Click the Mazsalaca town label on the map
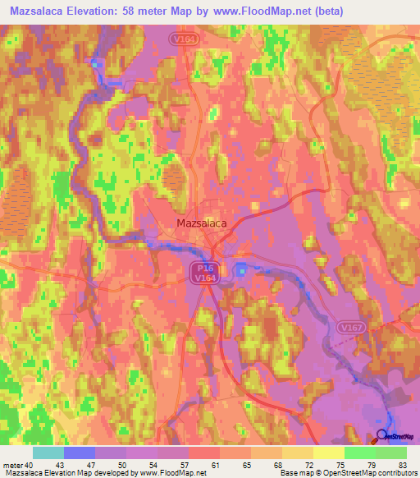click(x=202, y=222)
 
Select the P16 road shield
click(x=203, y=269)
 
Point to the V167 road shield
click(x=350, y=327)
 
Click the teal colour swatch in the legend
click(x=48, y=453)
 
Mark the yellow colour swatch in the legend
click(x=328, y=453)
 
